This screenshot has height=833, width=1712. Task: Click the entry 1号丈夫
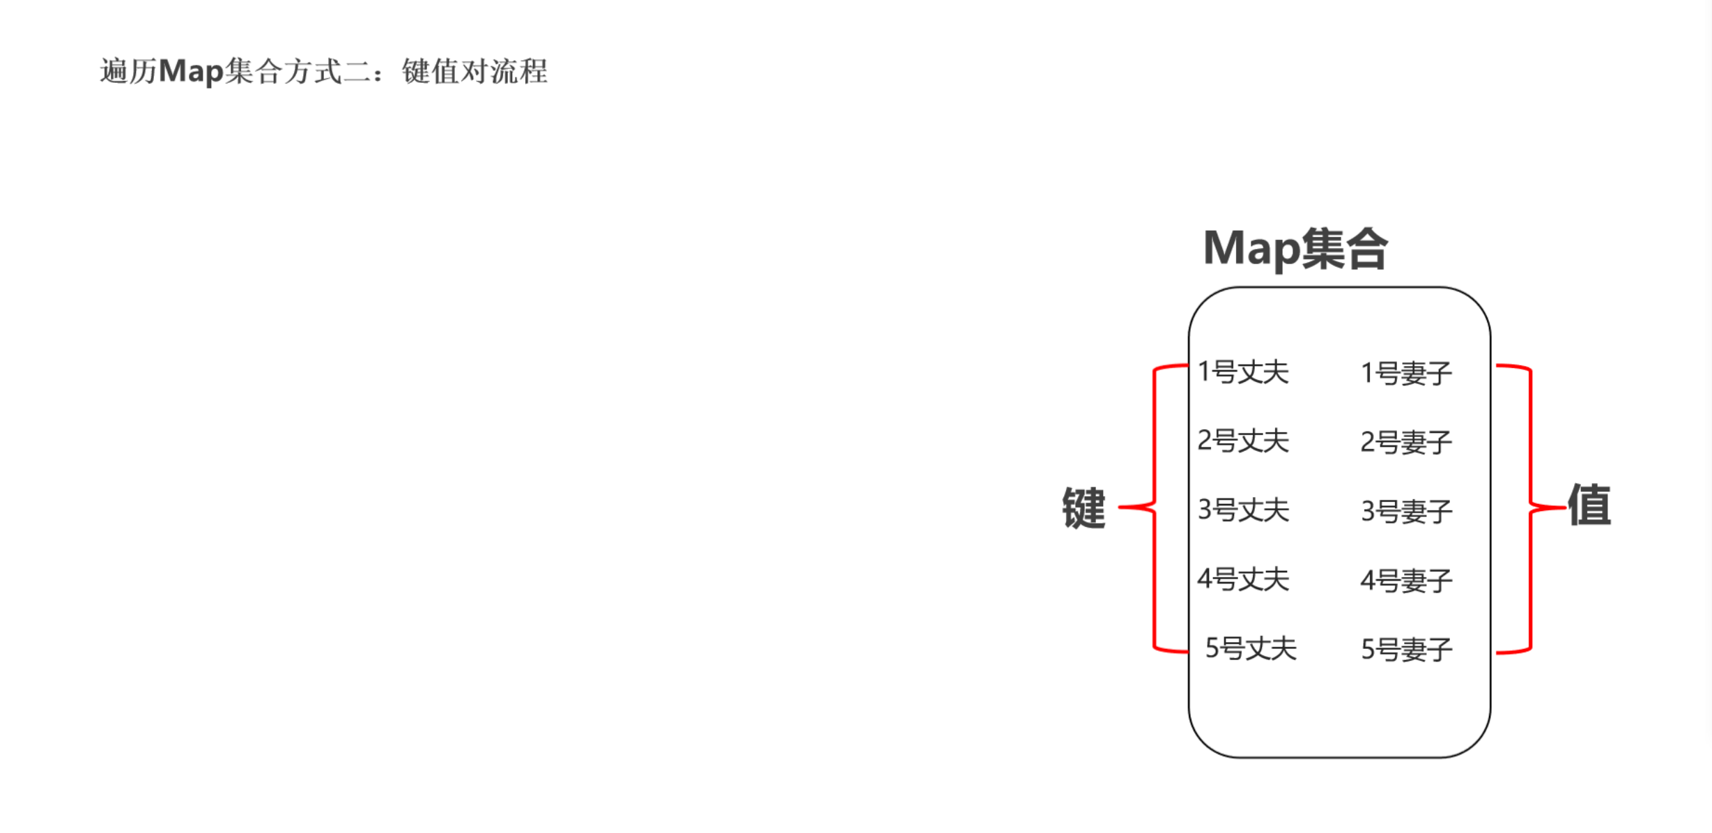[x=1243, y=372]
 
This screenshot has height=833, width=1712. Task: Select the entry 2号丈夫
[x=1243, y=441]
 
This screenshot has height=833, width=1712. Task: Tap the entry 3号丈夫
[x=1243, y=510]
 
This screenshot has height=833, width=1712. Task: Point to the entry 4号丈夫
[x=1243, y=579]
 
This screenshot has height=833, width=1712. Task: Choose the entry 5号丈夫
[x=1251, y=648]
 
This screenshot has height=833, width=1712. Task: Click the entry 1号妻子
[x=1406, y=374]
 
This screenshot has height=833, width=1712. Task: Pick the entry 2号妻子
[x=1406, y=442]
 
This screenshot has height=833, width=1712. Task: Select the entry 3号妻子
[x=1406, y=511]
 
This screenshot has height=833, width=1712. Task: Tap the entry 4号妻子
[x=1406, y=580]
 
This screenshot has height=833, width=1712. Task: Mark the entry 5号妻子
[x=1406, y=649]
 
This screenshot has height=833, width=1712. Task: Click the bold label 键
[x=1084, y=508]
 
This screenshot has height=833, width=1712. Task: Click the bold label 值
[x=1589, y=504]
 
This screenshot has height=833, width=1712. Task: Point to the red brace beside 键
[x=1155, y=508]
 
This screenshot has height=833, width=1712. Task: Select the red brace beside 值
[x=1530, y=508]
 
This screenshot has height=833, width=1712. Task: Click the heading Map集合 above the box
[x=1295, y=249]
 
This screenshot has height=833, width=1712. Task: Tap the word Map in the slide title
[x=190, y=71]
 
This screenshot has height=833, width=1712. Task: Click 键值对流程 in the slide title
[x=475, y=71]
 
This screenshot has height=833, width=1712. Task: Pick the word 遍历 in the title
[x=128, y=71]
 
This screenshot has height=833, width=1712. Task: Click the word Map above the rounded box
[x=1251, y=249]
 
